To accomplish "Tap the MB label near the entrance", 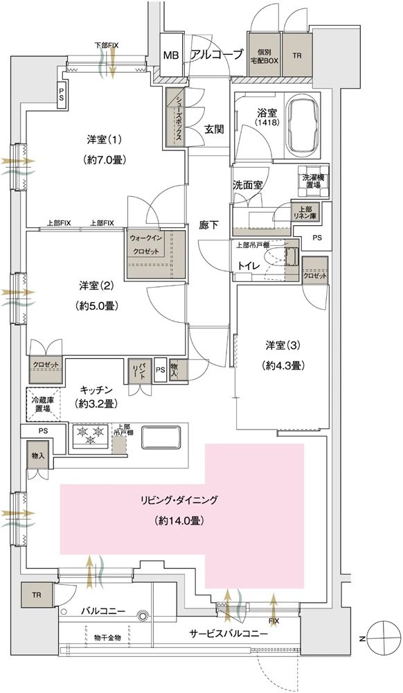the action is click(x=171, y=55).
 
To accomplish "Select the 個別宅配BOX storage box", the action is click(x=264, y=55).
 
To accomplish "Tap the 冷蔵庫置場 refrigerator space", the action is click(x=43, y=404).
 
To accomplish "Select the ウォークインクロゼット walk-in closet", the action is click(x=155, y=254).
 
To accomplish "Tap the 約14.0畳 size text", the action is click(x=180, y=521).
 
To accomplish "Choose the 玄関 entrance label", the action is click(x=214, y=129).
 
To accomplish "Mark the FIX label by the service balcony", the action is click(x=274, y=620).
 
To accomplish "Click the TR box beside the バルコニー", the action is click(x=37, y=595).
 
